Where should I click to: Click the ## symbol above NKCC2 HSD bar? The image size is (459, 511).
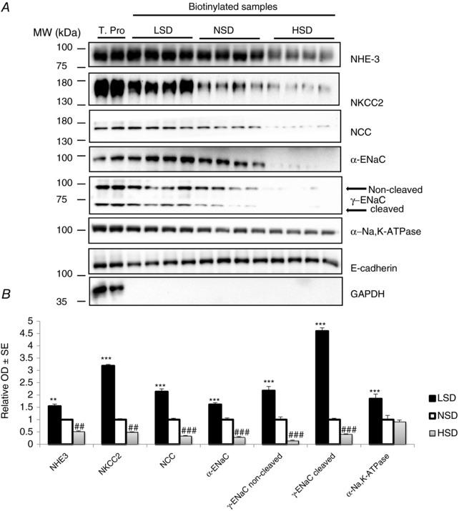(x=133, y=427)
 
